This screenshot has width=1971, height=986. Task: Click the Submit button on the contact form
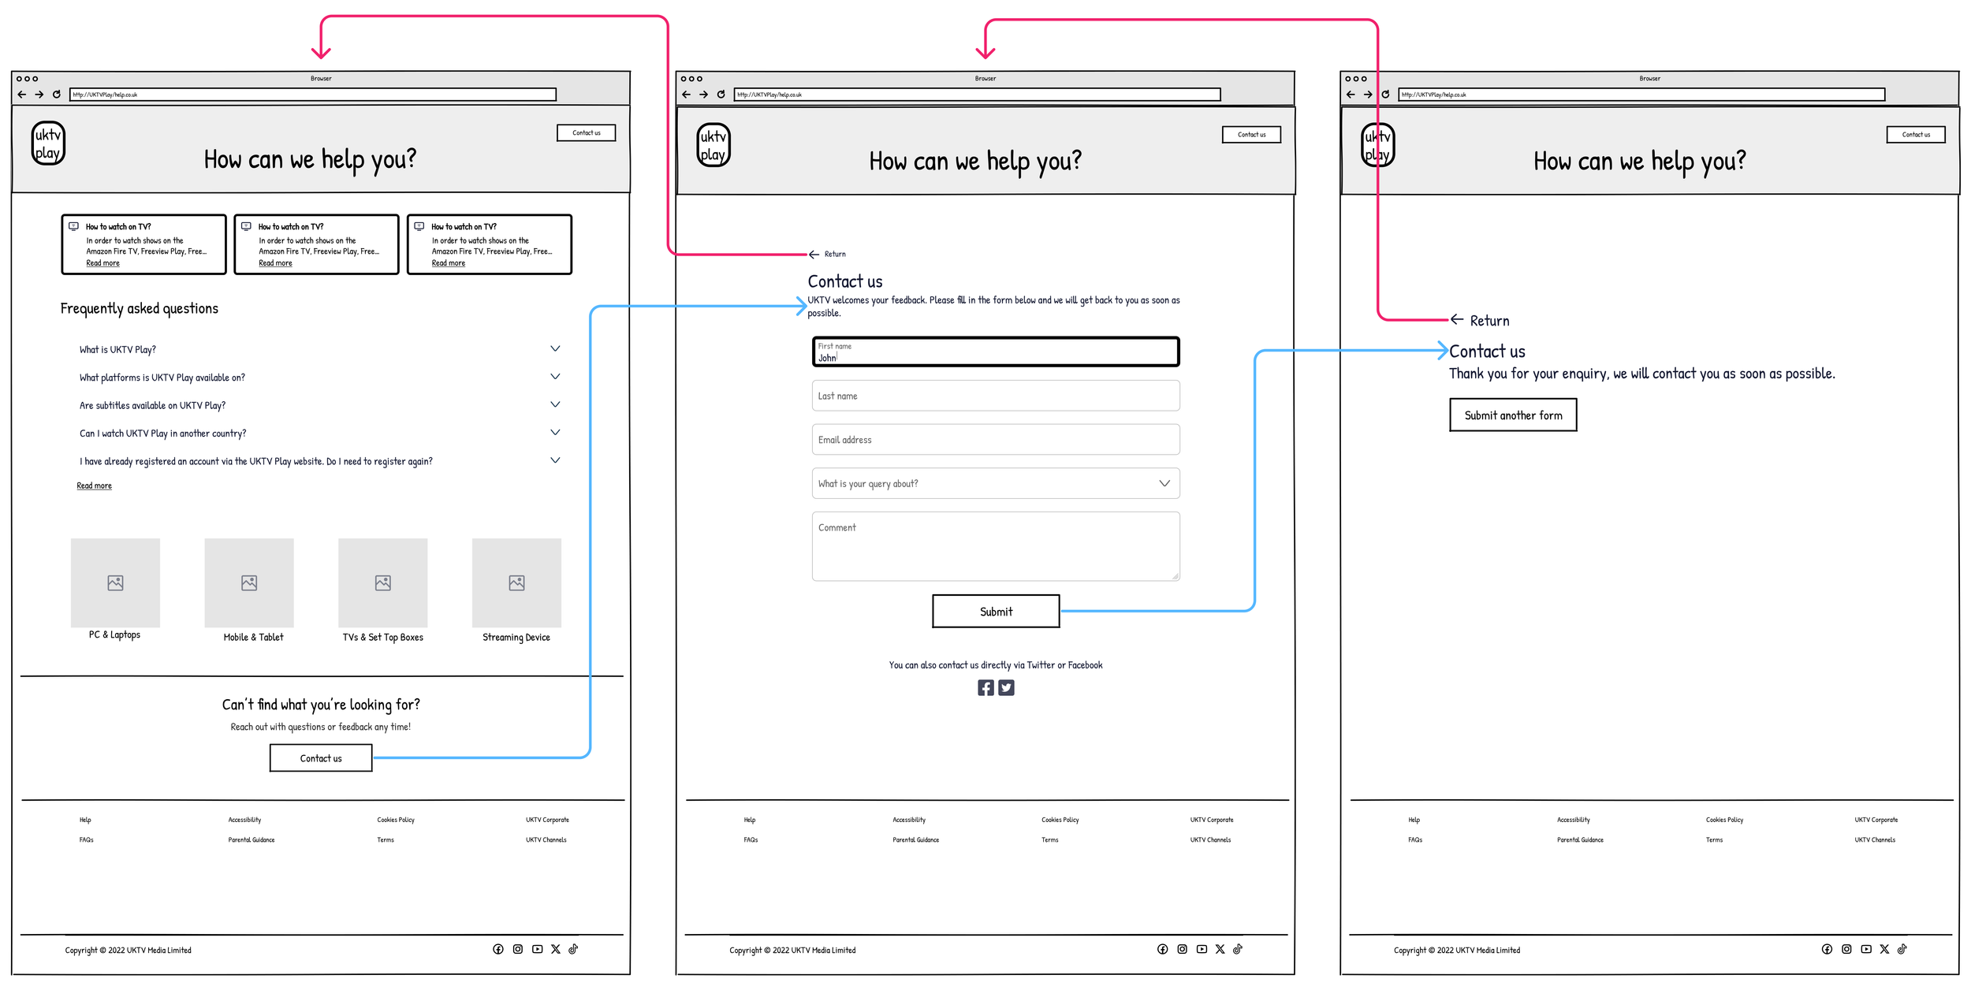click(x=995, y=611)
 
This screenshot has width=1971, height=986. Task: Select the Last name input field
click(x=995, y=396)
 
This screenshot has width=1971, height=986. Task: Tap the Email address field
click(x=995, y=440)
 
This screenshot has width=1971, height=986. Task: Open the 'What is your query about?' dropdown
click(x=995, y=483)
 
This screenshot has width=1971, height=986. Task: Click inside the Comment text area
click(x=995, y=546)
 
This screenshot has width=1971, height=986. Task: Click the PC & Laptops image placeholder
click(x=115, y=582)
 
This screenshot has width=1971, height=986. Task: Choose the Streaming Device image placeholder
click(x=516, y=582)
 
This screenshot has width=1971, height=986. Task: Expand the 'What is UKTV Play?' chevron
click(x=555, y=348)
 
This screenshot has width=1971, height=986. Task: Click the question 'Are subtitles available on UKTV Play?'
click(x=152, y=406)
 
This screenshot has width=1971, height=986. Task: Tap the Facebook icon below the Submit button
click(x=985, y=687)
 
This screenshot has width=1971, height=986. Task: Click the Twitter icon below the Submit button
click(x=1006, y=687)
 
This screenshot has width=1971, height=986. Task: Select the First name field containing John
click(x=995, y=352)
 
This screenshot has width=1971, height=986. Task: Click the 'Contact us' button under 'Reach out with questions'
click(x=321, y=758)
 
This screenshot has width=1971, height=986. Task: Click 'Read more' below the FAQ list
click(x=94, y=486)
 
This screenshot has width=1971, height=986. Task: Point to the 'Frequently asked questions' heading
click(x=140, y=308)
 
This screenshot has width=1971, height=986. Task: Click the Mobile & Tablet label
click(x=253, y=637)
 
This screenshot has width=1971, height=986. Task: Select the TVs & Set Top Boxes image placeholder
click(x=382, y=582)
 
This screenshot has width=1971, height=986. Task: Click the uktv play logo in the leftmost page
click(x=48, y=143)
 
